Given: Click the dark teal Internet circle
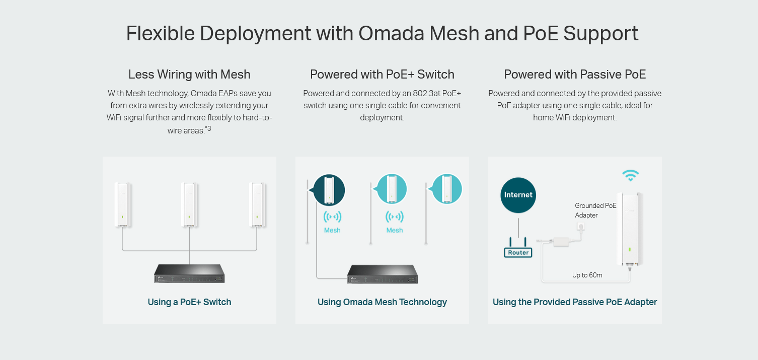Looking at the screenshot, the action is (x=518, y=195).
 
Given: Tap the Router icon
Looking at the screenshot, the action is (x=518, y=248).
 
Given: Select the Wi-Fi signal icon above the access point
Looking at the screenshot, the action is (x=630, y=175).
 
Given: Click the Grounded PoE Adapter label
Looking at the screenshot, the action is (x=595, y=210).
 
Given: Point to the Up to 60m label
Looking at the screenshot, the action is (x=587, y=275).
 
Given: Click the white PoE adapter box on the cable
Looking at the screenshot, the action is (x=561, y=242).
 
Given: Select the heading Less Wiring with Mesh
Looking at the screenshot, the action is (x=189, y=75).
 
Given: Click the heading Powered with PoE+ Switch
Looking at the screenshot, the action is (x=382, y=75).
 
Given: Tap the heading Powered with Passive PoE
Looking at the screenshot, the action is (x=575, y=75).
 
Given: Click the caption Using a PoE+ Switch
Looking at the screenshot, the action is (x=189, y=302).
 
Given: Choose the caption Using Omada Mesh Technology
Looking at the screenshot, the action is (x=382, y=302).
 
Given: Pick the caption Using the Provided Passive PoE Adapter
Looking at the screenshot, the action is (x=575, y=302).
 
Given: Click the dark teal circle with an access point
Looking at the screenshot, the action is (x=329, y=190).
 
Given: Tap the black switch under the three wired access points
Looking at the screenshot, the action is (x=189, y=273).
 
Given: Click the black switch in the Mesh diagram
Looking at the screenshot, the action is (x=383, y=274).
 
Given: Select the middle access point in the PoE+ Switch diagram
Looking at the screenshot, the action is (x=189, y=204).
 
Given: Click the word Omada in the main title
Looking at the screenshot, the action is (x=391, y=33).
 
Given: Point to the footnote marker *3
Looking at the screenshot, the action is (x=208, y=128).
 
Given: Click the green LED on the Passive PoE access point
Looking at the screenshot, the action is (x=630, y=250).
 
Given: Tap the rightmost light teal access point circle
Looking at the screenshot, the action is (x=447, y=189).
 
